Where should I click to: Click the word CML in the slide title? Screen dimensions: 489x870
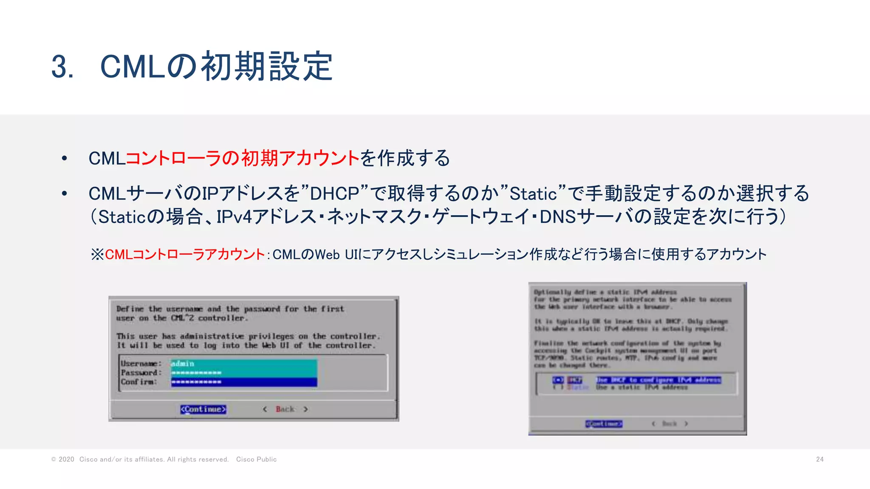tap(132, 67)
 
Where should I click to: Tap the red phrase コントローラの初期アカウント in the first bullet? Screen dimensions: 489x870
tap(243, 158)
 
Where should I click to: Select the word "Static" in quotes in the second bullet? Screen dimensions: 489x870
tap(533, 194)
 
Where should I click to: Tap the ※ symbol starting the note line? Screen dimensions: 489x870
tap(97, 255)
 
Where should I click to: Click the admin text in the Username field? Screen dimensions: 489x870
tap(183, 364)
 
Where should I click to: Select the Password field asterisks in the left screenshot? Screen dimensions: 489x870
tap(196, 373)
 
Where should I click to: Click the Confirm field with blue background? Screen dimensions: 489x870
tap(244, 382)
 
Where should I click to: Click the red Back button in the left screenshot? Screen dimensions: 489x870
tap(285, 409)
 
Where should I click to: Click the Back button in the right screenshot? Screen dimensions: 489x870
tap(669, 424)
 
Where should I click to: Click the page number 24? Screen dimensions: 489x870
tap(819, 459)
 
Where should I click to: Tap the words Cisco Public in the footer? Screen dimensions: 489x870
tap(256, 459)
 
